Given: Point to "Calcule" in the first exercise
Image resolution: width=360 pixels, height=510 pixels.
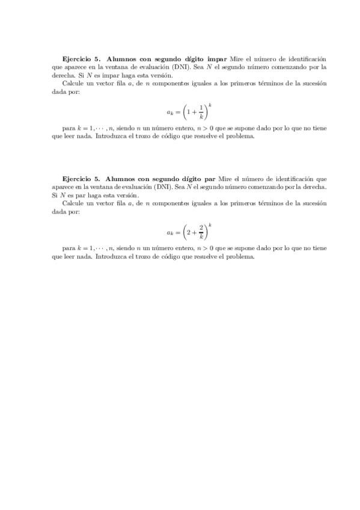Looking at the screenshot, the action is pyautogui.click(x=75, y=84).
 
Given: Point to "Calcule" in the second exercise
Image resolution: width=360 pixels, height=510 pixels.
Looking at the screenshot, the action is pyautogui.click(x=75, y=203).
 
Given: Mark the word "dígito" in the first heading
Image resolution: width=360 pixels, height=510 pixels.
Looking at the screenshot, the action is pyautogui.click(x=193, y=59).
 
